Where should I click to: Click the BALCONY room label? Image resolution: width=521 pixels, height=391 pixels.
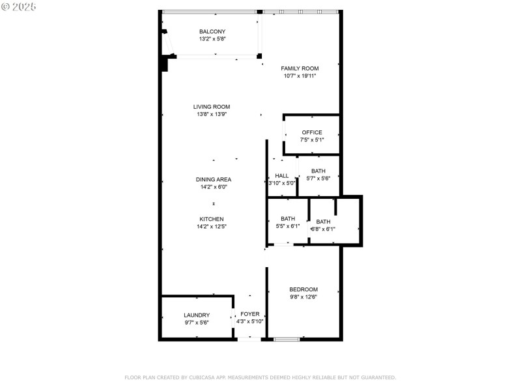point(212,31)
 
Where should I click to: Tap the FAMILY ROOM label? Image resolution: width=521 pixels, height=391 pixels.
point(300,68)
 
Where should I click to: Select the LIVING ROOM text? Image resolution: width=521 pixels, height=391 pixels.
point(212,107)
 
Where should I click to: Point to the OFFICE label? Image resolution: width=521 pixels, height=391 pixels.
point(312,132)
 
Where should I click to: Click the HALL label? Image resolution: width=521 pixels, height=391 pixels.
point(282,176)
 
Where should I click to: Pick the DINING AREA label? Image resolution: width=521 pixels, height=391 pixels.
point(214,179)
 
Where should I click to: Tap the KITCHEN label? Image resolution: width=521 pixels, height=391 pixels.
point(212,219)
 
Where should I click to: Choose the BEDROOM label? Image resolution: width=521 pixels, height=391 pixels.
point(303,289)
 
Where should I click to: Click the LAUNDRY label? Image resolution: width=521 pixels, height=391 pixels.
point(197,315)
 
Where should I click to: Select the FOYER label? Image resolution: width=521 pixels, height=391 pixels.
point(250,314)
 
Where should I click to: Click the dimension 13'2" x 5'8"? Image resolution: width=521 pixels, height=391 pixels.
point(212,39)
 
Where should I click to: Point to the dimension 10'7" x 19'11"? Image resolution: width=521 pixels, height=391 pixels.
point(300,76)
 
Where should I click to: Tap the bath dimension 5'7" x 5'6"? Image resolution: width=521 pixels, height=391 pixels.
point(318,178)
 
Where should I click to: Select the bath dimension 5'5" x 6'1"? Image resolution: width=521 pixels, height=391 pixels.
point(287,226)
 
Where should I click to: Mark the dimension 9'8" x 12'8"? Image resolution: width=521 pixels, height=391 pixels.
point(303,297)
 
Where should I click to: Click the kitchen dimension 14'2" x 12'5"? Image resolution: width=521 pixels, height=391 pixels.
point(212,227)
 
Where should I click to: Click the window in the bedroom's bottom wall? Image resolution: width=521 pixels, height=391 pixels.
point(287,339)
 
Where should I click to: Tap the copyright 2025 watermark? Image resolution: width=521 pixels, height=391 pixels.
point(19,6)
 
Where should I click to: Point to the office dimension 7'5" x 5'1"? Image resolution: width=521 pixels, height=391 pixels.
point(312,139)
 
